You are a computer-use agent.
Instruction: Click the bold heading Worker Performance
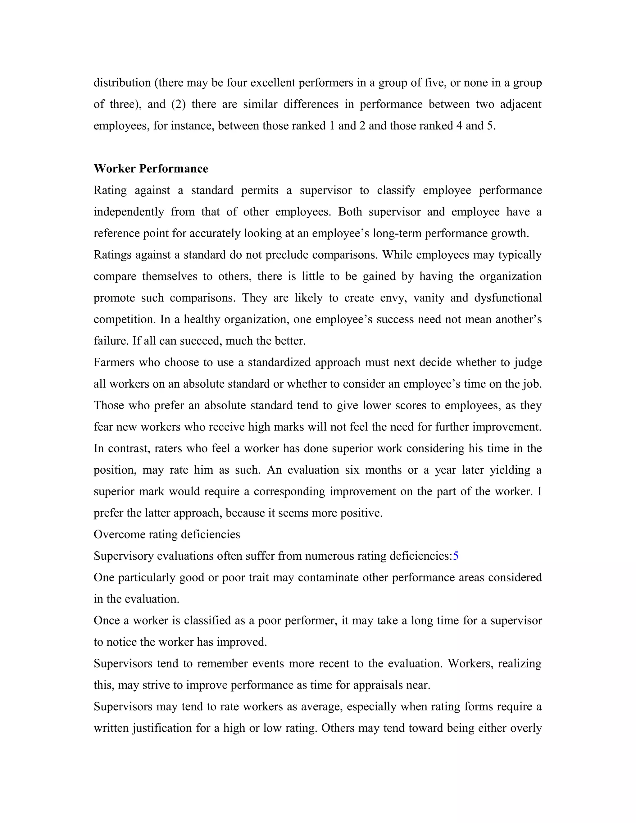pos(151,168)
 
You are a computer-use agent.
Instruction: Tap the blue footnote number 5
pos(456,556)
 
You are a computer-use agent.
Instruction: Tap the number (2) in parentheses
pos(179,104)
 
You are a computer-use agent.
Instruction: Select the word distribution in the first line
pos(122,83)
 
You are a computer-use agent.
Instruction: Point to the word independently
pos(129,212)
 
